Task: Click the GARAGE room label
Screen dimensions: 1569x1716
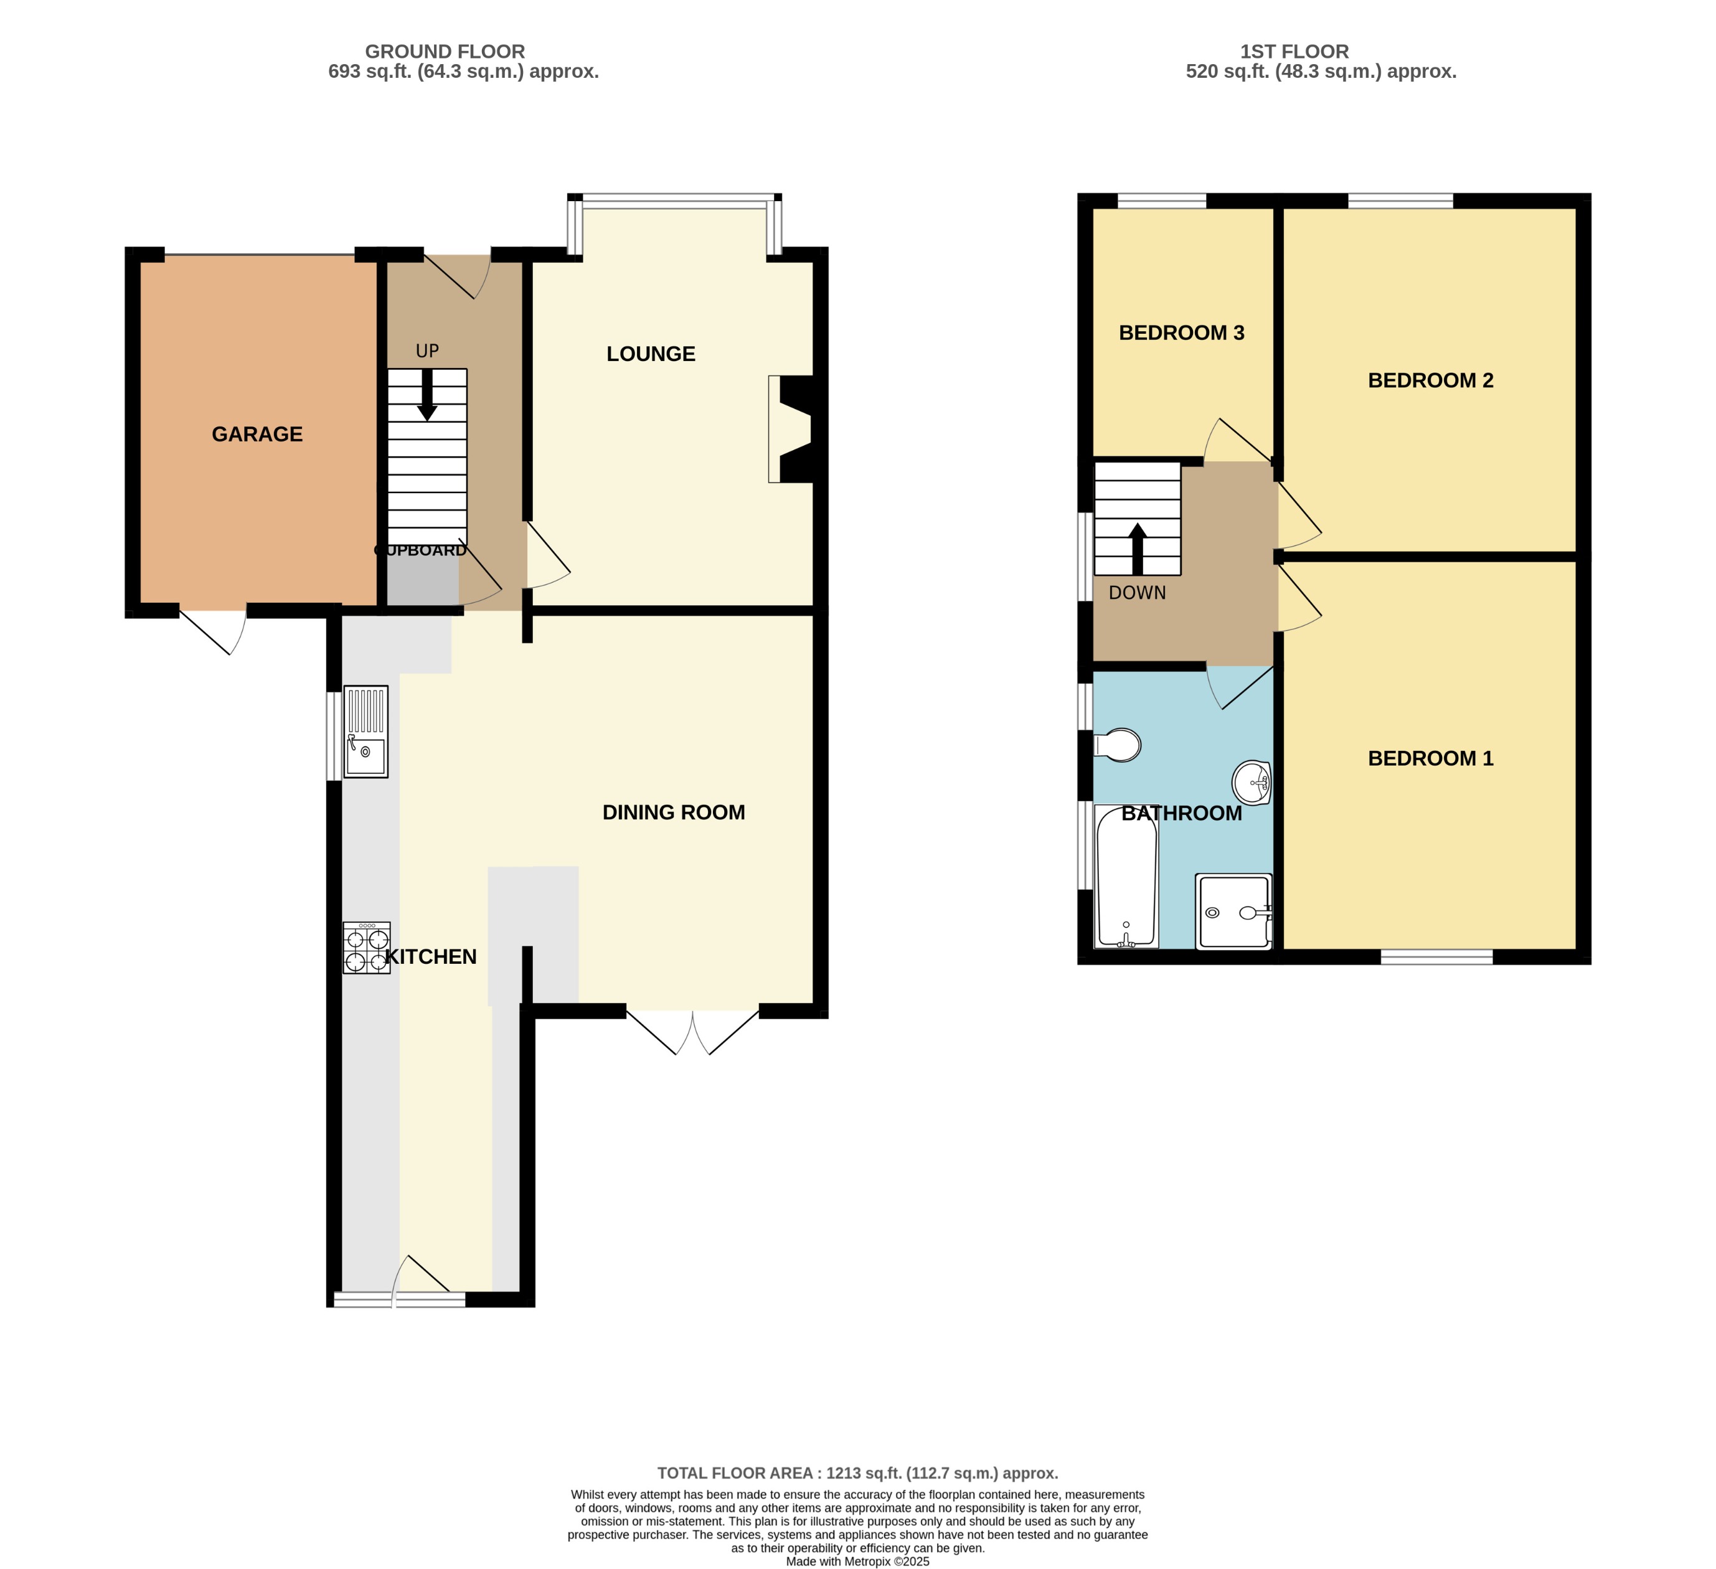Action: click(257, 434)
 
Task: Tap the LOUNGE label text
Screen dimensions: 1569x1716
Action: click(650, 354)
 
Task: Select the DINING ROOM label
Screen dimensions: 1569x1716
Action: click(673, 812)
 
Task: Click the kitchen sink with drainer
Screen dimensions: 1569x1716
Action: click(366, 732)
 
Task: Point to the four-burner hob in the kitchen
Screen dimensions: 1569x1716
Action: click(366, 948)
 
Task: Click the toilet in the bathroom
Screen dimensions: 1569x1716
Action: click(1118, 745)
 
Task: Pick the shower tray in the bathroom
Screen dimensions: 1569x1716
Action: click(1233, 911)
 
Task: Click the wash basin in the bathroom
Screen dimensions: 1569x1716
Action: click(1252, 781)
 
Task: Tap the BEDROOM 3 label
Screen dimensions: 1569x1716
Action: click(1181, 333)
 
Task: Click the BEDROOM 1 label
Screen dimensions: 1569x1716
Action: click(1430, 758)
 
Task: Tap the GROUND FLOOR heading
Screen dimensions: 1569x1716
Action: click(445, 51)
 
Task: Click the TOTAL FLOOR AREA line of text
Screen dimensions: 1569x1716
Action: click(857, 1472)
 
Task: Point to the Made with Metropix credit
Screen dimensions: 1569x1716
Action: click(857, 1562)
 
